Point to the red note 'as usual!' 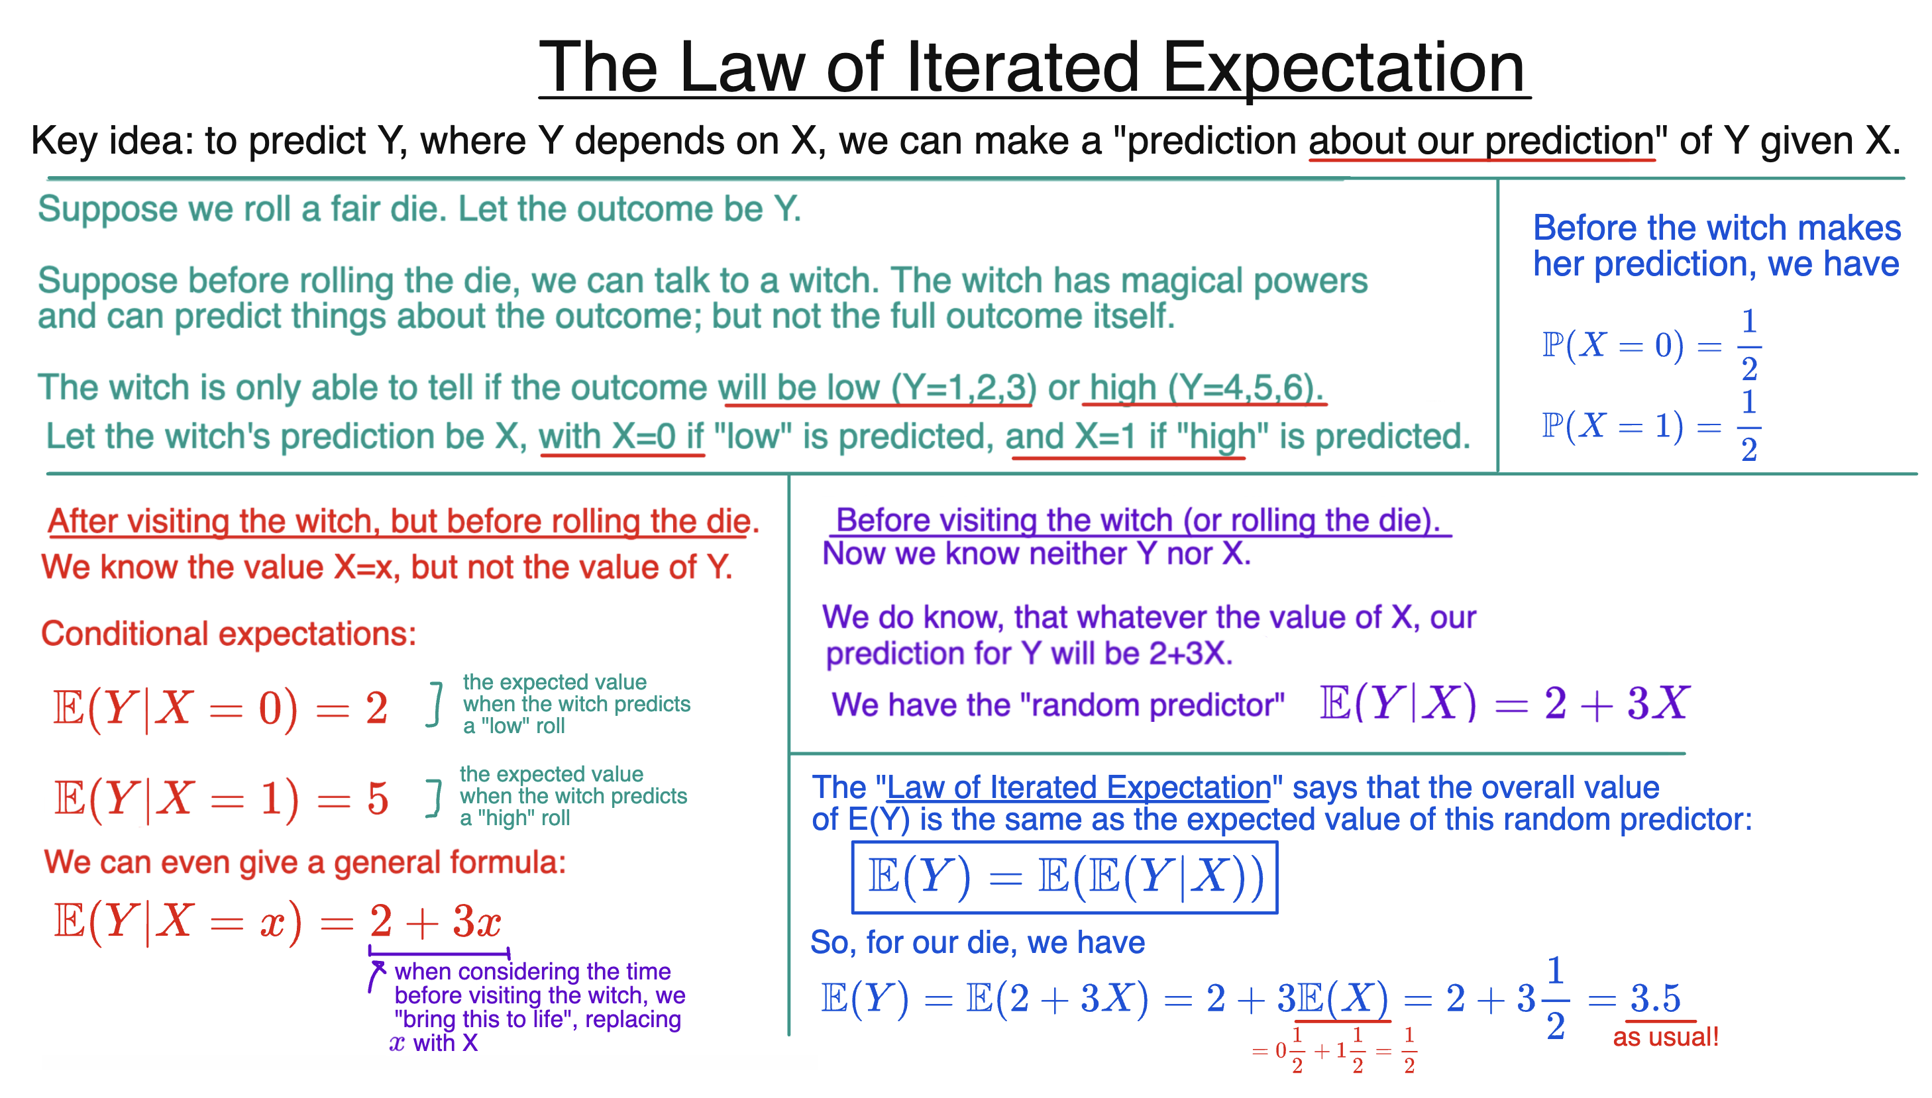click(x=1665, y=1037)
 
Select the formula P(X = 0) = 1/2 click(x=1650, y=346)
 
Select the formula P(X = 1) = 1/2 click(x=1650, y=426)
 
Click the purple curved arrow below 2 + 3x click(x=376, y=975)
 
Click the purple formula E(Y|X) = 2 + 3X click(x=1503, y=703)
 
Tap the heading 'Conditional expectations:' click(x=228, y=634)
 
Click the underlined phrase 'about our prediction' click(x=1481, y=141)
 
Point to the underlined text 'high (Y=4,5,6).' click(x=1205, y=387)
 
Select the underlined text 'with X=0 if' click(x=621, y=436)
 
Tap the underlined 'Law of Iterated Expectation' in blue click(x=1079, y=787)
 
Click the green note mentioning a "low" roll click(x=576, y=703)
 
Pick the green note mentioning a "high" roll click(x=572, y=795)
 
